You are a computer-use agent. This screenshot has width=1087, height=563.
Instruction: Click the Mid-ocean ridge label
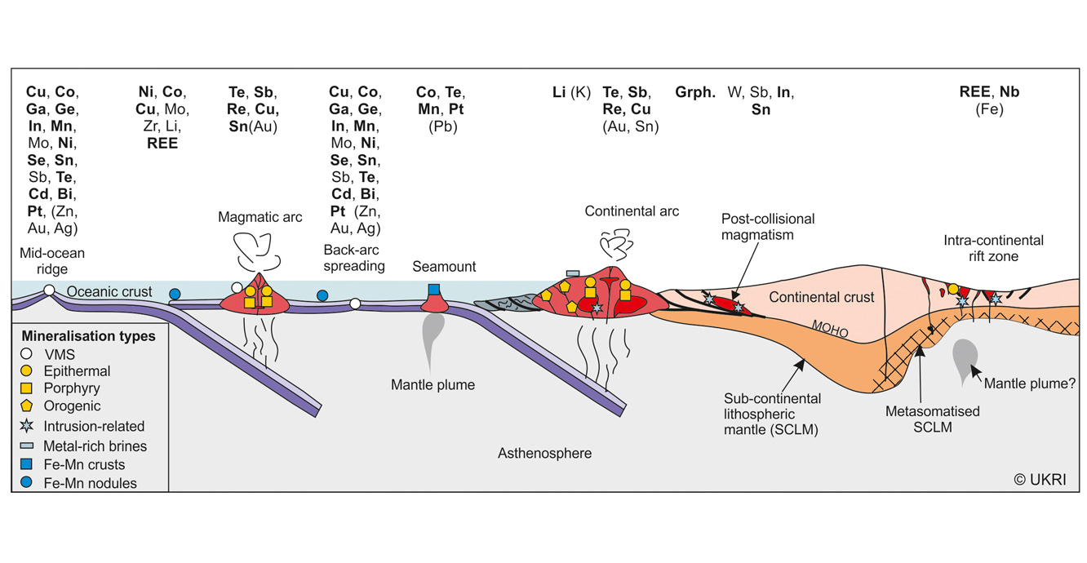click(x=52, y=261)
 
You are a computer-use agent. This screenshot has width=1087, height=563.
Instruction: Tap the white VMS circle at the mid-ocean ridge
click(x=50, y=290)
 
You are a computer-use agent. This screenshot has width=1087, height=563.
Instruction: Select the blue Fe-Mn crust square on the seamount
click(x=433, y=290)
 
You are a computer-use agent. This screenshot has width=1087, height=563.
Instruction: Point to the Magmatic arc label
click(x=260, y=217)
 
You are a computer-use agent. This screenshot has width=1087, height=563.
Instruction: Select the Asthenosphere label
click(x=544, y=453)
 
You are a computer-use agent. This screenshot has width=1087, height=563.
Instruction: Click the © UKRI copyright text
click(x=1040, y=480)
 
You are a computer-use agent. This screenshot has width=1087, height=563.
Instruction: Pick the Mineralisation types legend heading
click(x=88, y=335)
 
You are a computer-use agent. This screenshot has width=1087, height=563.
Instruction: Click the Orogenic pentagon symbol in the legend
click(x=28, y=406)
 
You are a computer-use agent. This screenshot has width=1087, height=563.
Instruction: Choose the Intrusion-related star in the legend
click(x=28, y=426)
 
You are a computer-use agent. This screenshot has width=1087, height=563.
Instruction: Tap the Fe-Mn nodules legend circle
click(x=28, y=483)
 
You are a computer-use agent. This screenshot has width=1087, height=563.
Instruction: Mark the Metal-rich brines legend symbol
click(x=28, y=446)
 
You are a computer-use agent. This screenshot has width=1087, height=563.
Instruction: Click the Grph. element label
click(x=695, y=92)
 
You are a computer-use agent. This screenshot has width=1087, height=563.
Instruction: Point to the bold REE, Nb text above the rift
click(x=989, y=92)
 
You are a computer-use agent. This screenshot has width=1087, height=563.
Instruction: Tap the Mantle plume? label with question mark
click(x=1030, y=383)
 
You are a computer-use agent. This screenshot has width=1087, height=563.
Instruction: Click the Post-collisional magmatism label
click(x=768, y=227)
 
